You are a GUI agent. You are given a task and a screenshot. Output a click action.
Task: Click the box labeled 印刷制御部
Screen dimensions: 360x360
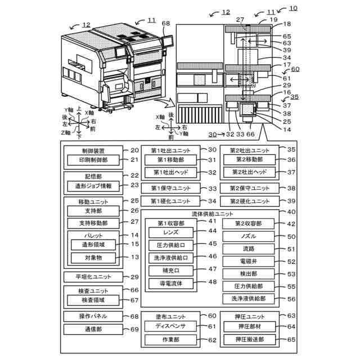click(x=93, y=160)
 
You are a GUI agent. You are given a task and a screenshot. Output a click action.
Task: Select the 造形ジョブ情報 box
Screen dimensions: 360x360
click(x=93, y=185)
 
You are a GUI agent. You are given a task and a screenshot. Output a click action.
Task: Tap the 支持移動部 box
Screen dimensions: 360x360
click(x=93, y=223)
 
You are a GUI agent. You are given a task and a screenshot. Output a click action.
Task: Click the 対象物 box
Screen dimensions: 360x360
click(x=93, y=258)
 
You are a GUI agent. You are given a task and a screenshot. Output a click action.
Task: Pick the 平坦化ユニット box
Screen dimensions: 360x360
click(x=93, y=277)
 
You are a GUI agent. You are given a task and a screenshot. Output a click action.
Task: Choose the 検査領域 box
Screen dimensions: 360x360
click(x=93, y=300)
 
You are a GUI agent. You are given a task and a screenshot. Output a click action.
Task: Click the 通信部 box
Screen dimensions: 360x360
click(x=93, y=328)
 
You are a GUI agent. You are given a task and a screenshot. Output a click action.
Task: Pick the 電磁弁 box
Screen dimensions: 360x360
click(x=248, y=262)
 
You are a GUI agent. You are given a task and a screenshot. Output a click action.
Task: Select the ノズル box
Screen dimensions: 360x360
click(x=248, y=237)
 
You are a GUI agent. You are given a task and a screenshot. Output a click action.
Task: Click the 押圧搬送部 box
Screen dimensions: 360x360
click(x=248, y=339)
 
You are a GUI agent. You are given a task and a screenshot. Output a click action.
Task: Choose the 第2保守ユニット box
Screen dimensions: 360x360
click(x=248, y=188)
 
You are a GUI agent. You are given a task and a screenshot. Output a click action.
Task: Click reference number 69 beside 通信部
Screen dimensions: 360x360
click(x=134, y=329)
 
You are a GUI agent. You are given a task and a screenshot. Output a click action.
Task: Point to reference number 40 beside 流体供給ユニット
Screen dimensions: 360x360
click(x=291, y=212)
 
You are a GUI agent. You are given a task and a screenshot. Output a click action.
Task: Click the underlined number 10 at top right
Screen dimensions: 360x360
click(x=294, y=8)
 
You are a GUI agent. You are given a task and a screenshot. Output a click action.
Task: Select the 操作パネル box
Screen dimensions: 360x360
click(x=93, y=316)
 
